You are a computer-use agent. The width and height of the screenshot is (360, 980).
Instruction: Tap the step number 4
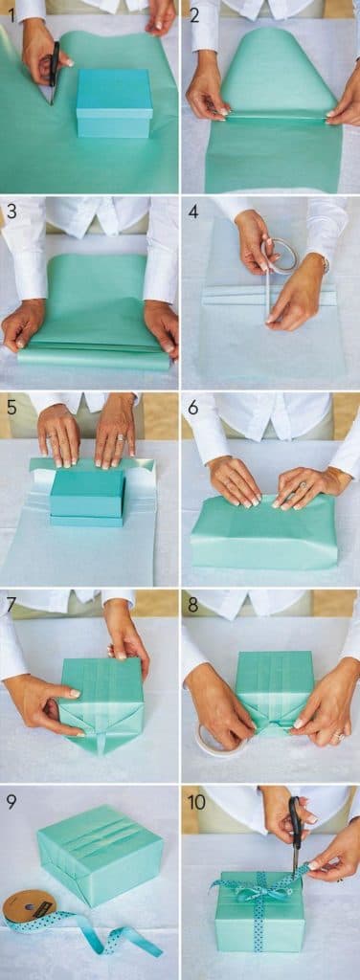tap(192, 211)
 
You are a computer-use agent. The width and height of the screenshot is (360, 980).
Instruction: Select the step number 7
tap(11, 604)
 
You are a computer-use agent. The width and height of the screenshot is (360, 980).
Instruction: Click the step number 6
tap(192, 407)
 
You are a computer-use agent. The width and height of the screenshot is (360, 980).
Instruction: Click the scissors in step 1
tap(54, 73)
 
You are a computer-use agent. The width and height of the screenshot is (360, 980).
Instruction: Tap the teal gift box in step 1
tap(113, 101)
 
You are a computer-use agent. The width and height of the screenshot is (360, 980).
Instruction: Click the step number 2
tap(192, 14)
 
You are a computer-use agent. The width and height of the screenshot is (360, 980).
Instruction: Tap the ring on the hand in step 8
tap(337, 736)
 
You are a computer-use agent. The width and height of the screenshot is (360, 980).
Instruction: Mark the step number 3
tap(10, 211)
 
